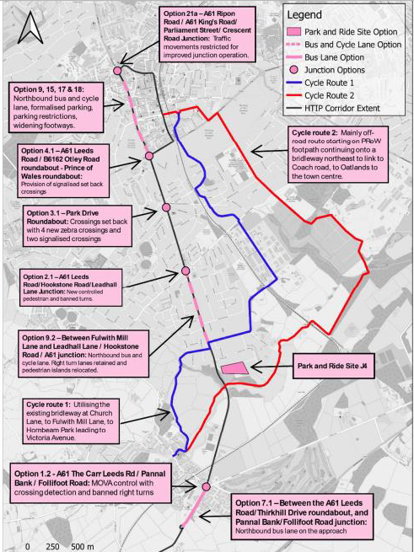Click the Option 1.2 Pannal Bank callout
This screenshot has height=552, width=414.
(88, 482)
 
